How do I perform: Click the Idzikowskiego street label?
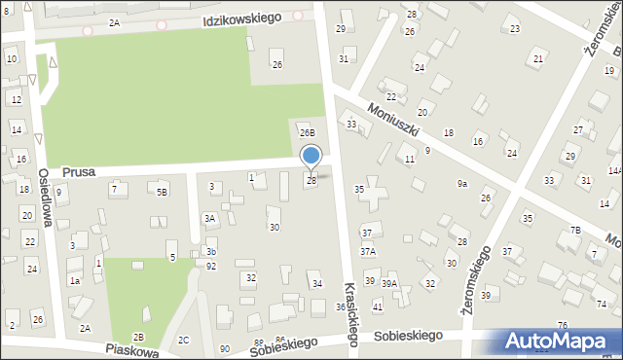[x=242, y=18]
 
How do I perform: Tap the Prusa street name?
[x=77, y=171]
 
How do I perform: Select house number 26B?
[x=308, y=132]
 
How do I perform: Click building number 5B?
[x=163, y=193]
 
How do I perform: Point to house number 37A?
[x=367, y=251]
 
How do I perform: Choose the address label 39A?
[x=389, y=283]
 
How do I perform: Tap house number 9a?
[x=462, y=183]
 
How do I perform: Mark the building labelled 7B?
[x=575, y=230]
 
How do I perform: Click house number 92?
[x=211, y=265]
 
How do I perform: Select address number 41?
[x=378, y=306]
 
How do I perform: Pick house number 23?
[x=514, y=29]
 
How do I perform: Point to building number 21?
[x=538, y=59]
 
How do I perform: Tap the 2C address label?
[x=184, y=340]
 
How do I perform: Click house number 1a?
[x=74, y=281]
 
